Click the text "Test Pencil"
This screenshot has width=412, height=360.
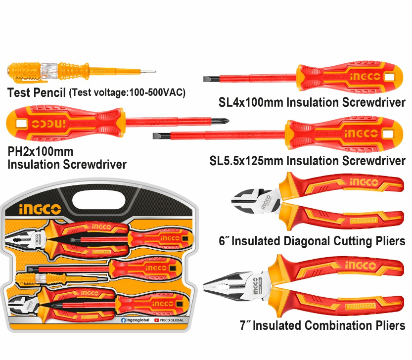(x=36, y=92)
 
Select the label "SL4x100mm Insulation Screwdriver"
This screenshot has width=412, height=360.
(x=312, y=102)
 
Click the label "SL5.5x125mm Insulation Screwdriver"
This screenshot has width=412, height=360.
(x=307, y=161)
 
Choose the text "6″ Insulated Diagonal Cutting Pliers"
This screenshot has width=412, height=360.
(x=312, y=241)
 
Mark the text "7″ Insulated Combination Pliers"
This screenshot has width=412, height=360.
(x=322, y=326)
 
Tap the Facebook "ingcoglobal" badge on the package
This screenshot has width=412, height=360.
(x=135, y=320)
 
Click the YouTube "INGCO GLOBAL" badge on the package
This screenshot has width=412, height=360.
(x=169, y=320)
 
